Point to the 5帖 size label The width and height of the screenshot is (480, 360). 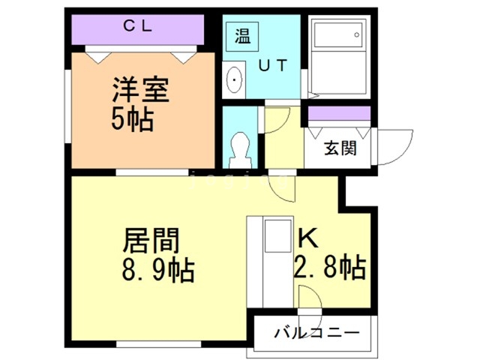[x=133, y=118]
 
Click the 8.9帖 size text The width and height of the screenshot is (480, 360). [x=158, y=268]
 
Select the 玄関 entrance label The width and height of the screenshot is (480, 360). [x=340, y=148]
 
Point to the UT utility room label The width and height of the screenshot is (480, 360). [x=272, y=65]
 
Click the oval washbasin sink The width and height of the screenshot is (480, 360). [x=234, y=78]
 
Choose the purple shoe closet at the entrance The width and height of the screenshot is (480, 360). [x=340, y=115]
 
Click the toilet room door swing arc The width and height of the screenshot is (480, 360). [x=276, y=120]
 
